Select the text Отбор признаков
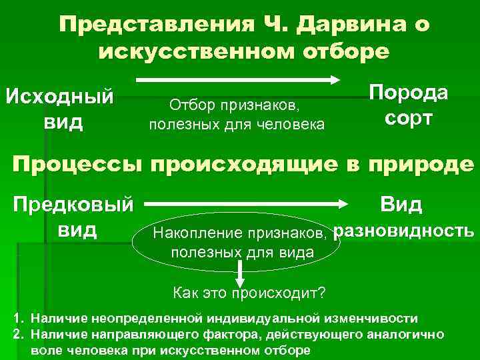point(237,105)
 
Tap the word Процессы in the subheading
point(80,164)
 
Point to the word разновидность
point(403,231)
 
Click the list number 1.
point(18,318)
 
